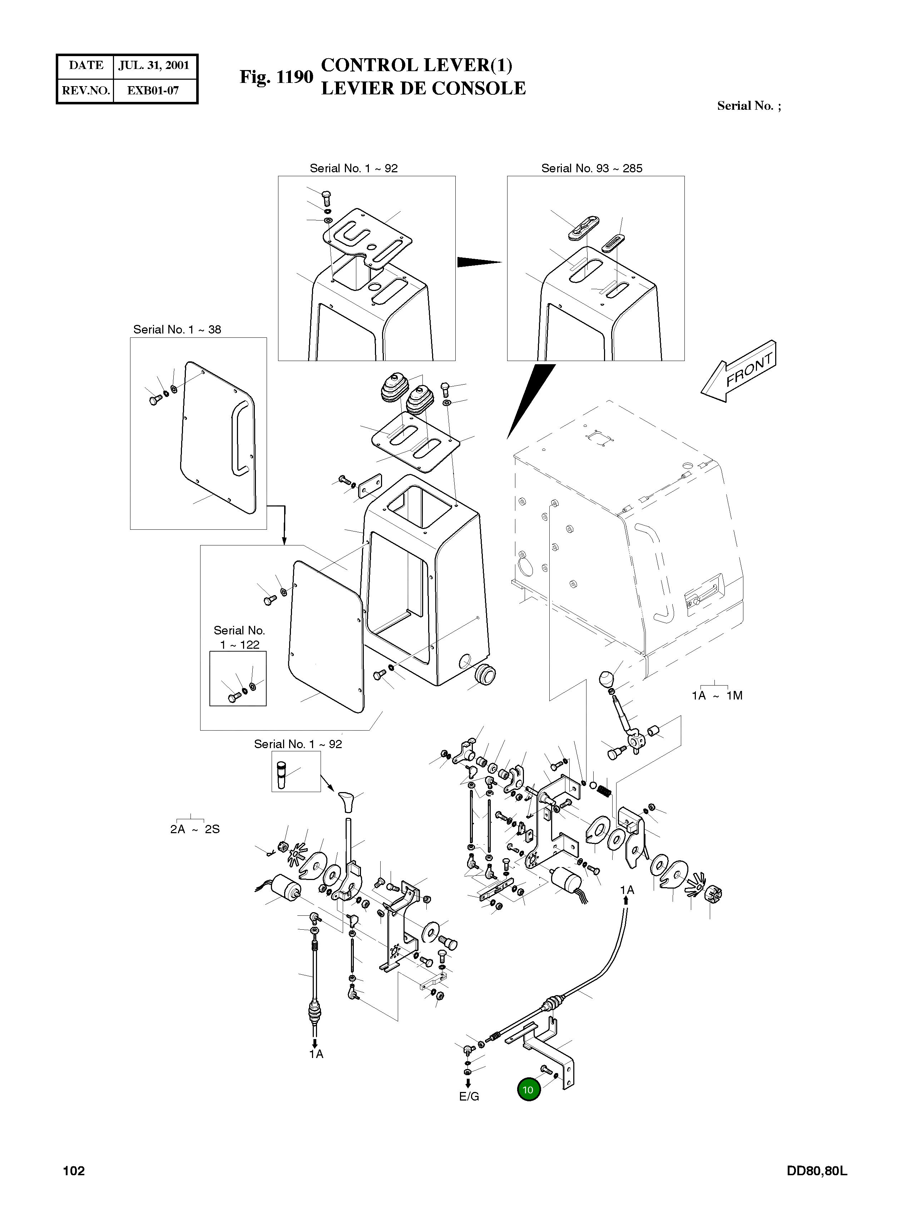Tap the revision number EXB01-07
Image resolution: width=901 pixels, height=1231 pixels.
153,90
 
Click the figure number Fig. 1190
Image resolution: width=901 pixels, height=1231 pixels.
277,77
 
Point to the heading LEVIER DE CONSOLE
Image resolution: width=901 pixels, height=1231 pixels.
423,88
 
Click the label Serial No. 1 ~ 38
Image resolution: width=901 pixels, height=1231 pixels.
177,330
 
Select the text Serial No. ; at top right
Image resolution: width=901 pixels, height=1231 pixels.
749,106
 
